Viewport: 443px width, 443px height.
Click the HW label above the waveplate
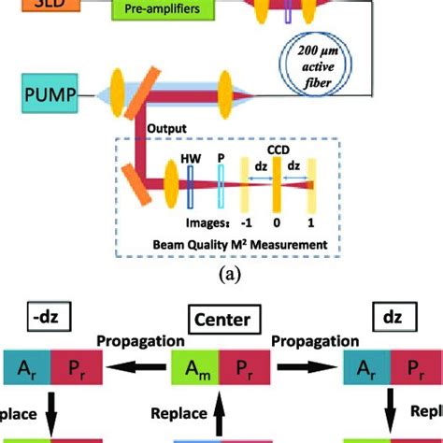[x=189, y=161]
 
